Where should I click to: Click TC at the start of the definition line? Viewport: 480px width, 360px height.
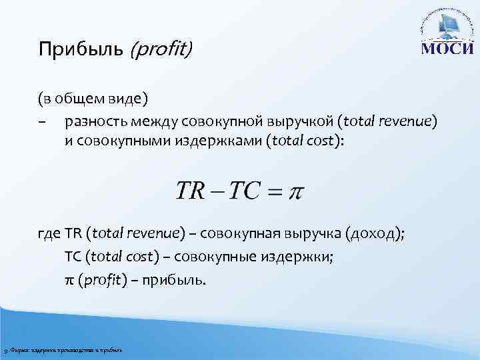tap(73, 257)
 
